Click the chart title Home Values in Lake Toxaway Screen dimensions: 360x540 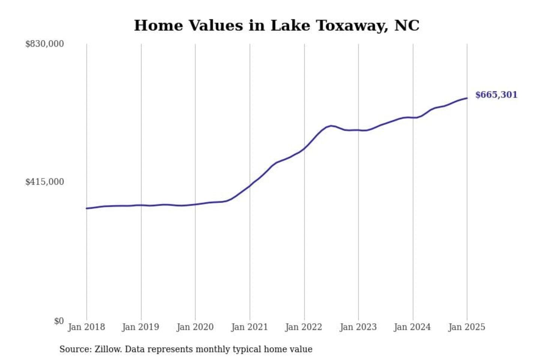pyautogui.click(x=276, y=25)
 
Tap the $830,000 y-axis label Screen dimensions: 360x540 pyautogui.click(x=44, y=44)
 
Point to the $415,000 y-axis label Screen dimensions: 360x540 pyautogui.click(x=44, y=182)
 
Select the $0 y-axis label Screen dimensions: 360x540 pyautogui.click(x=59, y=321)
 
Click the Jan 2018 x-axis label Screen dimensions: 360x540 pyautogui.click(x=86, y=327)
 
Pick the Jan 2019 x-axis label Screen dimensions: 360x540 pyautogui.click(x=141, y=327)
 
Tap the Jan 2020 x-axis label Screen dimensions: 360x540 pyautogui.click(x=195, y=327)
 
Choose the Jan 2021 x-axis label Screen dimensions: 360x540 pyautogui.click(x=249, y=327)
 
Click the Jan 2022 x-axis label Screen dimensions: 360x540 pyautogui.click(x=304, y=327)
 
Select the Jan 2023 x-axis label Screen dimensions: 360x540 pyautogui.click(x=358, y=327)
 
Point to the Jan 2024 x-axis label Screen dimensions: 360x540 pyautogui.click(x=412, y=327)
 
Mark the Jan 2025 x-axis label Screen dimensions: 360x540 pyautogui.click(x=467, y=327)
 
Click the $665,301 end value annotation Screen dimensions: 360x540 pyautogui.click(x=496, y=95)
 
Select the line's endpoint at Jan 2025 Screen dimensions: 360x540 pyautogui.click(x=467, y=98)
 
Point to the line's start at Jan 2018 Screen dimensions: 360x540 pyautogui.click(x=87, y=208)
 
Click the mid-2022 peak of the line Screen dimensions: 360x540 pyautogui.click(x=330, y=126)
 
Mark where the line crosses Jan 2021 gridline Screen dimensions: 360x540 pyautogui.click(x=250, y=186)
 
